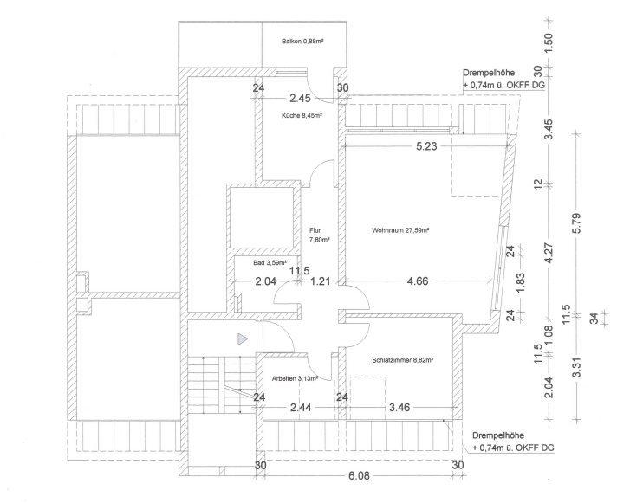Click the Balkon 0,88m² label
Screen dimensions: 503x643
[302, 42]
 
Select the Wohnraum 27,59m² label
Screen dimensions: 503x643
[400, 230]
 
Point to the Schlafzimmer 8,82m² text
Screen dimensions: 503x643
[403, 361]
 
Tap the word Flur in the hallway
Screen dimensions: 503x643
[315, 230]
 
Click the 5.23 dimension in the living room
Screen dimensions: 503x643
[426, 147]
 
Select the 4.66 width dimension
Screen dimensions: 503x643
[419, 281]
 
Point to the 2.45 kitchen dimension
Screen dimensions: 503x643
[301, 98]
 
